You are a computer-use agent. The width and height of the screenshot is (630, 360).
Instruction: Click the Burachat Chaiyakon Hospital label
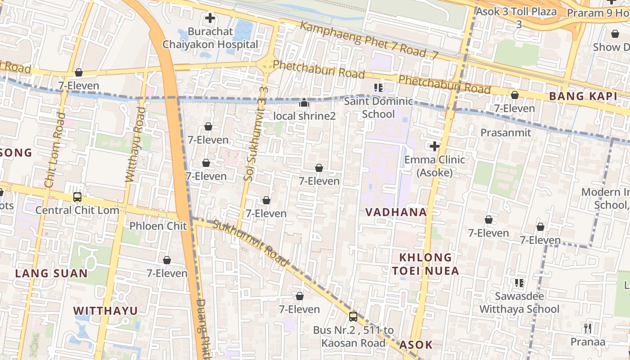point(211,38)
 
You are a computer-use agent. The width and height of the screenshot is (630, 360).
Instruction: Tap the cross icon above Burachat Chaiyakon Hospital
point(210,18)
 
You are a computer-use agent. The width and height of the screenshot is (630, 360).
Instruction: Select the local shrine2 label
point(305,116)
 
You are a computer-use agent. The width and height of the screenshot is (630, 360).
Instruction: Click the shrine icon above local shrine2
point(304,103)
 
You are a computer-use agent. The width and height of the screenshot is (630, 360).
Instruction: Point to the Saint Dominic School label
point(378,108)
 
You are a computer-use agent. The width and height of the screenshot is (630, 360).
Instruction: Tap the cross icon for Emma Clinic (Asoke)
point(435,146)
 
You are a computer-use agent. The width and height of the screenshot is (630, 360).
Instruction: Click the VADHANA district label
point(396,212)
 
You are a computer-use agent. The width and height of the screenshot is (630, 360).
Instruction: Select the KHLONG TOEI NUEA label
point(425,264)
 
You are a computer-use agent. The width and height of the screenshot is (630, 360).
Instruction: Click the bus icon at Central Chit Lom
point(77,197)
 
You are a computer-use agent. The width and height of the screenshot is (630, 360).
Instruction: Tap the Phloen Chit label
point(158,226)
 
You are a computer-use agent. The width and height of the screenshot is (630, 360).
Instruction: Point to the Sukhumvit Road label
point(251,243)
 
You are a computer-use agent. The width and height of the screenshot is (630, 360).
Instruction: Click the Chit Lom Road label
point(53,151)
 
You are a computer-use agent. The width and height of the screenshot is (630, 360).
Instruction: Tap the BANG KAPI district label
point(583,96)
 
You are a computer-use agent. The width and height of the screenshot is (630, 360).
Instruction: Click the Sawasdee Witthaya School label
point(519,303)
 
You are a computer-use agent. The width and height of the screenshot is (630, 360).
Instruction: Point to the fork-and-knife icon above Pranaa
point(588,328)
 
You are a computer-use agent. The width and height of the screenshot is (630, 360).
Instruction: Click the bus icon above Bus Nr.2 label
point(353,317)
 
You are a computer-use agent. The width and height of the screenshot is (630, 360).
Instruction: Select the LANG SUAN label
point(51,274)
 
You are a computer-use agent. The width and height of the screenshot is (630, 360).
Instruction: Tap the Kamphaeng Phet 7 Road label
point(369,40)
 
